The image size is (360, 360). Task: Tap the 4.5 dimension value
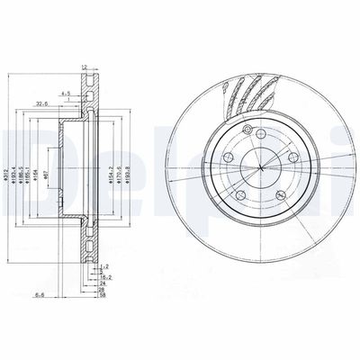tap(67, 92)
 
